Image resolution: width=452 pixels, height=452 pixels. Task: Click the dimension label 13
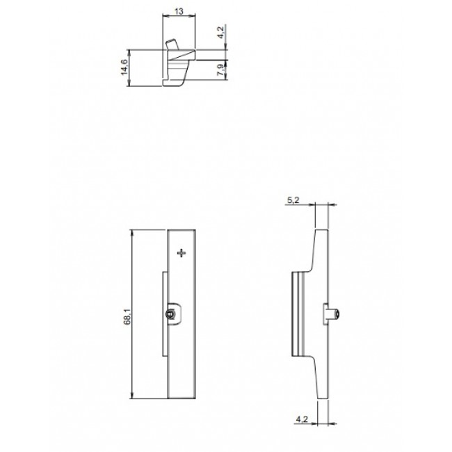pyautogui.click(x=179, y=11)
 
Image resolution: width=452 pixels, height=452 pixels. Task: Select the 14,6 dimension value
pyautogui.click(x=124, y=67)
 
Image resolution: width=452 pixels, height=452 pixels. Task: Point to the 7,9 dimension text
pyautogui.click(x=220, y=70)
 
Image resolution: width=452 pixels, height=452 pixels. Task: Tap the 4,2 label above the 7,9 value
pyautogui.click(x=220, y=32)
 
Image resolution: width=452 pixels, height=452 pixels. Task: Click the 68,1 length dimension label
pyautogui.click(x=127, y=316)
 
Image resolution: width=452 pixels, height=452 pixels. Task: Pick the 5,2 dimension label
pyautogui.click(x=293, y=200)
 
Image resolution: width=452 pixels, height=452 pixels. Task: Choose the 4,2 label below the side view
pyautogui.click(x=302, y=419)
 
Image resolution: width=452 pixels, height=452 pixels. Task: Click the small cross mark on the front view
pyautogui.click(x=181, y=253)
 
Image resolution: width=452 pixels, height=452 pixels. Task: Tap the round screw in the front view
pyautogui.click(x=171, y=314)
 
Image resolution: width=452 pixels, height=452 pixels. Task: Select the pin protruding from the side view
pyautogui.click(x=335, y=314)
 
